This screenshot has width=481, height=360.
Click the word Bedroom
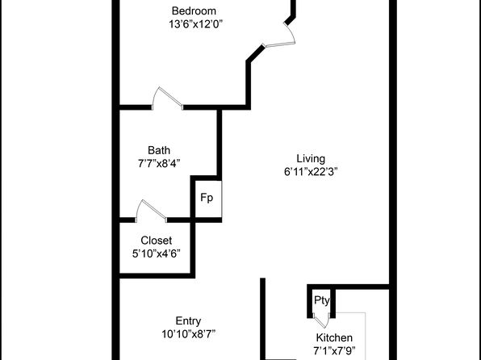(x=194, y=11)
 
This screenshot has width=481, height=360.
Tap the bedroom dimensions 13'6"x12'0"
(x=195, y=24)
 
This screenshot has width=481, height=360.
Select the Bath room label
(x=159, y=150)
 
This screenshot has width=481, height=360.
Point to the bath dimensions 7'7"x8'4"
(x=159, y=164)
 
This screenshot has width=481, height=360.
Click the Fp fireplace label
(x=207, y=198)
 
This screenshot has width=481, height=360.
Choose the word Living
(x=311, y=159)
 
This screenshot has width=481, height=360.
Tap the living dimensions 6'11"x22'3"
(x=311, y=172)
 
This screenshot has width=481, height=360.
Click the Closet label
(x=156, y=241)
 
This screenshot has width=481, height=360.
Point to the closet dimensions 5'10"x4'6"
(x=156, y=253)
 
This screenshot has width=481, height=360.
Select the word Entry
(x=188, y=321)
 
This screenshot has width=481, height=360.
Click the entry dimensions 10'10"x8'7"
(x=188, y=334)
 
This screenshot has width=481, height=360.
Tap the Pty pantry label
(x=322, y=300)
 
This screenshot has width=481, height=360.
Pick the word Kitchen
(x=334, y=337)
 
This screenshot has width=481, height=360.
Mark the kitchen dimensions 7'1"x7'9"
(x=334, y=350)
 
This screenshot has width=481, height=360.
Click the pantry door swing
(x=321, y=321)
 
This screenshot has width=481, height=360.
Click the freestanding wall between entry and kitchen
(x=262, y=319)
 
